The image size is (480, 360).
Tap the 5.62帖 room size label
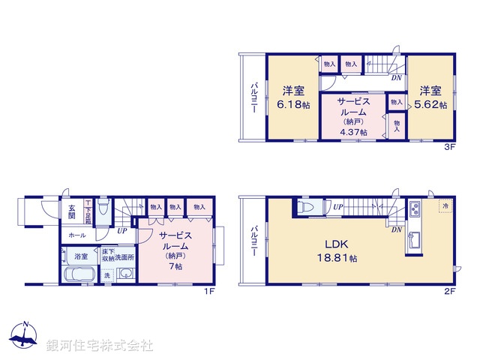[433, 105]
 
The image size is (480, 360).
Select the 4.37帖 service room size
[351, 132]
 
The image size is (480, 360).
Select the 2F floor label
[448, 292]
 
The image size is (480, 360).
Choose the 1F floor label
[211, 292]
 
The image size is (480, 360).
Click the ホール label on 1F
[76, 235]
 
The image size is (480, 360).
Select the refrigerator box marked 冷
[445, 206]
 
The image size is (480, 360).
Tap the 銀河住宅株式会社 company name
[99, 345]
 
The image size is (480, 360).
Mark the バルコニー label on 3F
[253, 97]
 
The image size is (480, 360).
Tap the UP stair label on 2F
[338, 207]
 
